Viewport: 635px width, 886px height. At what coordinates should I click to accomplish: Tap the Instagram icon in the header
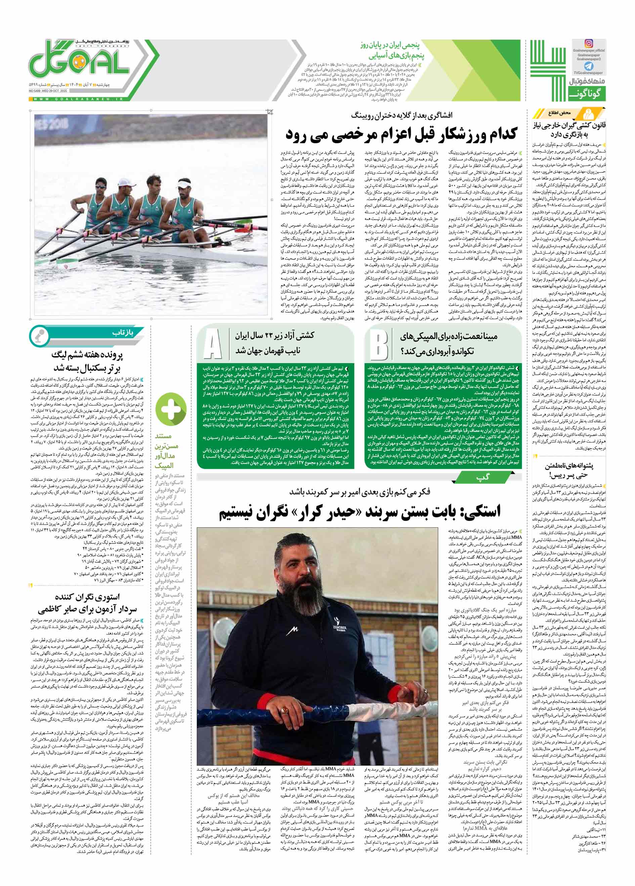(x=588, y=43)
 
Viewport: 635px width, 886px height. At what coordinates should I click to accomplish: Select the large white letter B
(x=379, y=345)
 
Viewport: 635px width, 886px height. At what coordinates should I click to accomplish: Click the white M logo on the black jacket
(x=293, y=629)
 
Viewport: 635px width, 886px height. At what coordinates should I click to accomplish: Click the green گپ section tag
(x=483, y=477)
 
